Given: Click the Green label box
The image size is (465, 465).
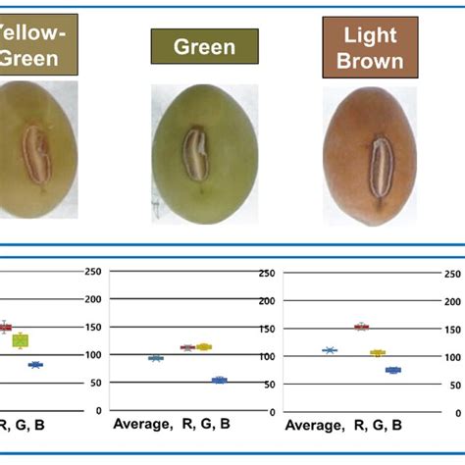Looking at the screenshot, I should [204, 46].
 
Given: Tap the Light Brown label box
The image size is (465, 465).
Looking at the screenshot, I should [363, 47].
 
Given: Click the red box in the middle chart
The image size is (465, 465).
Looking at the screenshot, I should [186, 347].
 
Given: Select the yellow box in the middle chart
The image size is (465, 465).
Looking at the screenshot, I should [204, 346].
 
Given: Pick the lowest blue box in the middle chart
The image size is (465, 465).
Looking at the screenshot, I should [220, 380].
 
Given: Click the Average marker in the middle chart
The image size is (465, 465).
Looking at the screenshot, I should [155, 358].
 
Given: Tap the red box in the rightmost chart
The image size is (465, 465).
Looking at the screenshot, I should [361, 326].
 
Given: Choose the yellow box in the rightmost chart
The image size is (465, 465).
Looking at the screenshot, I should [378, 352].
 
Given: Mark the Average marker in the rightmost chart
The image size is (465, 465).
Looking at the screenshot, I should [330, 350].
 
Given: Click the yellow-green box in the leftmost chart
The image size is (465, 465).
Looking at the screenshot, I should [20, 340].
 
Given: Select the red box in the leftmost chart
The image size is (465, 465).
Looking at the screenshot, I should [5, 327].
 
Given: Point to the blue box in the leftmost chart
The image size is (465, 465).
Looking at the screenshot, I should [35, 364].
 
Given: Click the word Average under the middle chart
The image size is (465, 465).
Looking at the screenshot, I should [141, 426].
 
